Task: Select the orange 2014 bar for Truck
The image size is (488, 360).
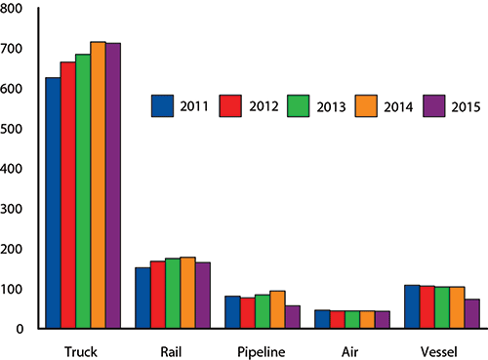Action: tap(98, 185)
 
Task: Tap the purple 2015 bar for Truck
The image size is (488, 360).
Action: tap(113, 185)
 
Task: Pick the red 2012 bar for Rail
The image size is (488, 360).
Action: tap(158, 295)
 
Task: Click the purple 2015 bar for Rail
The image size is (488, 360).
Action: tap(203, 295)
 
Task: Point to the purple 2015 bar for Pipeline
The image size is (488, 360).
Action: tap(293, 317)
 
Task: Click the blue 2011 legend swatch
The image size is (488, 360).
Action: tap(162, 105)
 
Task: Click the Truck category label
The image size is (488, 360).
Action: tap(83, 348)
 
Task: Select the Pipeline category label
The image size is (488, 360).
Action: tap(263, 348)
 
